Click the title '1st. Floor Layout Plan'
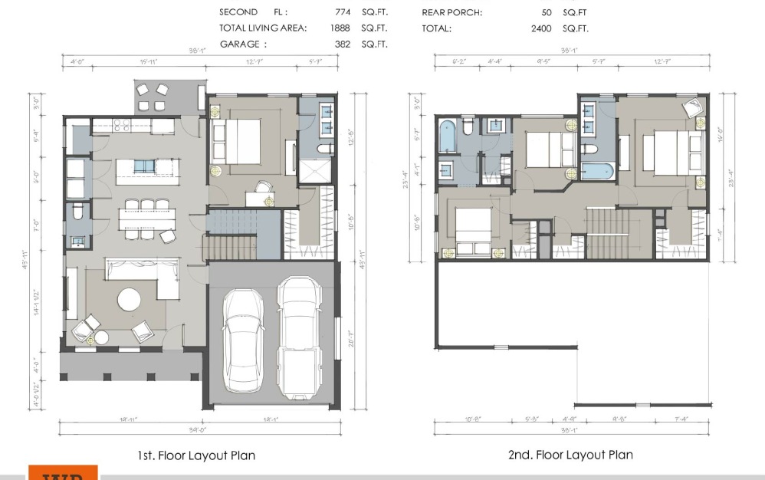(196, 455)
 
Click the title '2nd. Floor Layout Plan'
(570, 455)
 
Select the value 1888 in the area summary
(337, 28)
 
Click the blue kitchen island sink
(143, 166)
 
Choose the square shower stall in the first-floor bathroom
(316, 173)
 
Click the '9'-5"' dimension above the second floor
(544, 61)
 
